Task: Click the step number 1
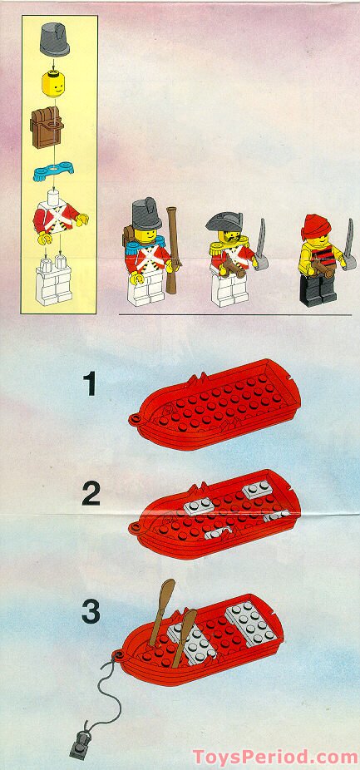coord(89,384)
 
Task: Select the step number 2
coord(91,493)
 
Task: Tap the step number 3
coord(91,610)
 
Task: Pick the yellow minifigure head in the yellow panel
coord(53,83)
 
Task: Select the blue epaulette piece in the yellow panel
coord(53,170)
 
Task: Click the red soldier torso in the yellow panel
coord(57,220)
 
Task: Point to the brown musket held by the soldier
coord(172,250)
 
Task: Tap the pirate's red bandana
coord(315,226)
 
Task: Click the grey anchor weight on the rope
coord(80,746)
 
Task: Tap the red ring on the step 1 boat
coord(134,419)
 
